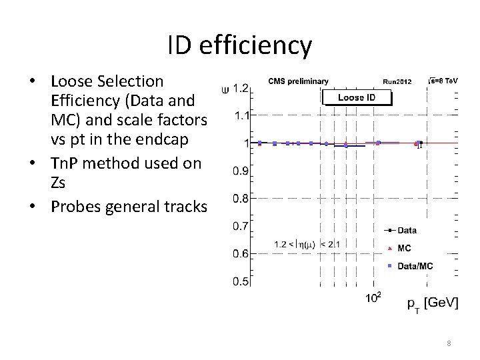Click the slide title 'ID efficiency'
(x=239, y=45)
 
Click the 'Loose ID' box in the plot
(x=357, y=97)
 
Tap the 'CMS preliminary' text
(x=298, y=81)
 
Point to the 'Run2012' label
(x=397, y=82)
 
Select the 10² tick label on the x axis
(x=373, y=297)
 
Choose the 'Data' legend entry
(x=407, y=231)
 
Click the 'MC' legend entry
(x=404, y=248)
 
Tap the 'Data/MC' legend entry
(x=415, y=266)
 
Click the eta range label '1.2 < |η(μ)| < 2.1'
(x=310, y=245)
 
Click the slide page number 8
(x=449, y=343)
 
